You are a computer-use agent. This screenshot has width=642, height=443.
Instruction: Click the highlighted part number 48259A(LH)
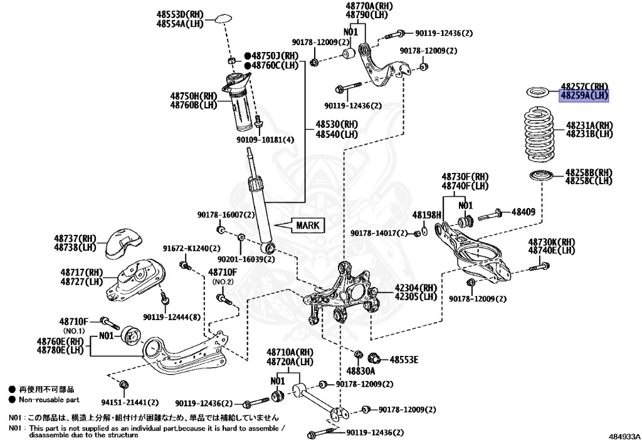pos(584,96)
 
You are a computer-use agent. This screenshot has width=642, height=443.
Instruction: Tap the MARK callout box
pos(307,225)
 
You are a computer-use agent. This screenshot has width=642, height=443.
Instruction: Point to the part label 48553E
pos(404,360)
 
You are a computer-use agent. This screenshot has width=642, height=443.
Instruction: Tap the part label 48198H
pos(427,215)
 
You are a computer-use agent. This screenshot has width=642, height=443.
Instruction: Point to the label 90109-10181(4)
pos(265,139)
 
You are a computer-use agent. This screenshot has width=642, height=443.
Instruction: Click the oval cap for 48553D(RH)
pos(223,18)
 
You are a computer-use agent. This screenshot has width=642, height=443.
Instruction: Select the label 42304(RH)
pos(415,288)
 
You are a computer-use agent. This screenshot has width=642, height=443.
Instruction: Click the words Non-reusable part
pos(49,399)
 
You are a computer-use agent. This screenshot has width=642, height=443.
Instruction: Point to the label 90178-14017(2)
pos(379,233)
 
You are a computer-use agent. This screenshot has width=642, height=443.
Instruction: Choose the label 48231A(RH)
pos(589,125)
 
